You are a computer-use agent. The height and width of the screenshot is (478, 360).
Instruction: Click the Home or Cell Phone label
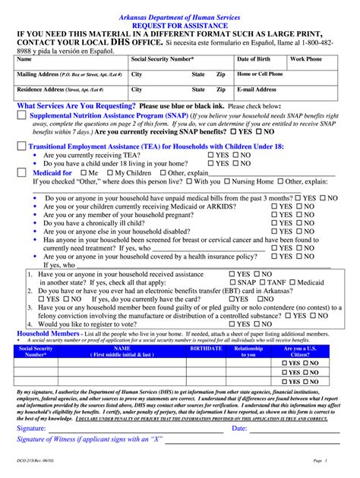[x=260, y=74]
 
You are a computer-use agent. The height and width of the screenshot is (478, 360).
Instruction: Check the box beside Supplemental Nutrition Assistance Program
[x=22, y=115]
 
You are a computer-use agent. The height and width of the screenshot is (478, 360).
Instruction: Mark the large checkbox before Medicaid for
[x=21, y=173]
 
